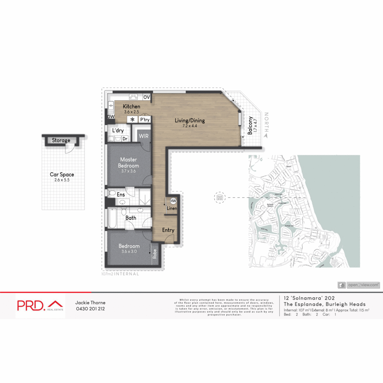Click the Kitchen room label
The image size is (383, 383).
(131, 106)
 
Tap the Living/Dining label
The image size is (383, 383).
(190, 120)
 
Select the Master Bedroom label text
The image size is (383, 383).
(129, 162)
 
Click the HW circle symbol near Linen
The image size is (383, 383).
(173, 201)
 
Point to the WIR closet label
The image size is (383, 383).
(144, 136)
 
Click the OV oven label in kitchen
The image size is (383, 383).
(146, 97)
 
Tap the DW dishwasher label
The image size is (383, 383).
(111, 117)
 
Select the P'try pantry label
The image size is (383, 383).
(145, 120)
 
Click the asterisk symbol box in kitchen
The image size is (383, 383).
(132, 120)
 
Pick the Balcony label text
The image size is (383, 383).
(250, 125)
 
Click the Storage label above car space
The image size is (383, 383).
(61, 140)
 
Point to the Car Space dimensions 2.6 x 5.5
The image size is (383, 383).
(62, 180)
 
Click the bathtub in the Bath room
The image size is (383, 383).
(112, 218)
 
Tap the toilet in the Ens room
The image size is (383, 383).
(111, 193)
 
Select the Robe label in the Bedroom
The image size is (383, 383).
(155, 254)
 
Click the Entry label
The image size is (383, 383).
(168, 230)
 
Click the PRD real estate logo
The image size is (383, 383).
(40, 306)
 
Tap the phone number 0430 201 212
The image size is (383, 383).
(90, 309)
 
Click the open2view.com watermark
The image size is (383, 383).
(359, 285)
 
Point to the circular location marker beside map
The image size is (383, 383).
(220, 198)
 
